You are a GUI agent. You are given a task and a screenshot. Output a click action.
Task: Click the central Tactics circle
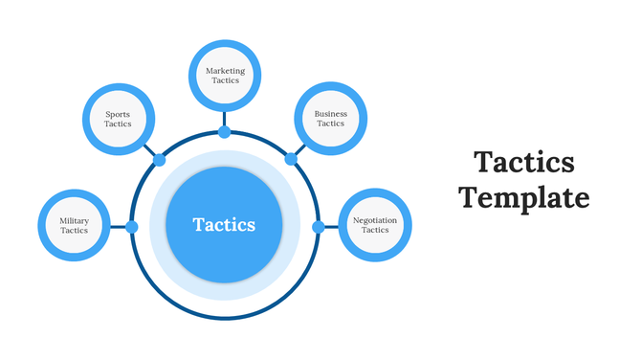(224, 225)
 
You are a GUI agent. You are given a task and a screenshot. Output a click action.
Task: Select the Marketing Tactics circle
(225, 74)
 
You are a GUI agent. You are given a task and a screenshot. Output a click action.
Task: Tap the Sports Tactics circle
(118, 118)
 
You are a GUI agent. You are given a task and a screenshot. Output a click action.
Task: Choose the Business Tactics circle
(330, 118)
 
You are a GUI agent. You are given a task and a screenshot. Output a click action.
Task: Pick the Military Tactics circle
(74, 226)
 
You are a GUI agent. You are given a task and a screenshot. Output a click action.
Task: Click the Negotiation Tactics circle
(374, 226)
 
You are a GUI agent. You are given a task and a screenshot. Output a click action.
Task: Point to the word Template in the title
(523, 198)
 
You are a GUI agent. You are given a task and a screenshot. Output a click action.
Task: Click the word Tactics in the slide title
(524, 162)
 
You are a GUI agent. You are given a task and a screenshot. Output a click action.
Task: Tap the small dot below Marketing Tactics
(225, 131)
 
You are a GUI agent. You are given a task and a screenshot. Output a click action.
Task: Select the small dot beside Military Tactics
(132, 227)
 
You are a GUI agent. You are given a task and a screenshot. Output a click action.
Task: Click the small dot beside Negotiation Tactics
(318, 227)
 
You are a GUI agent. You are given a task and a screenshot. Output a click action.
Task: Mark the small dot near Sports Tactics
(159, 160)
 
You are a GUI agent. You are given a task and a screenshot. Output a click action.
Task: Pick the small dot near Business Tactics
(289, 160)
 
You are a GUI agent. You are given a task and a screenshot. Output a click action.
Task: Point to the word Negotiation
(375, 221)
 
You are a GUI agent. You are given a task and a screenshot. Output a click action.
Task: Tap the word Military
(74, 221)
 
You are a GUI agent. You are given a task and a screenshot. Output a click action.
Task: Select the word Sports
(118, 114)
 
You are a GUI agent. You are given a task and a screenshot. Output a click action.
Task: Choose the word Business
(331, 114)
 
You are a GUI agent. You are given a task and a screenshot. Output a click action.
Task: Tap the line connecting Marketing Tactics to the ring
(225, 118)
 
